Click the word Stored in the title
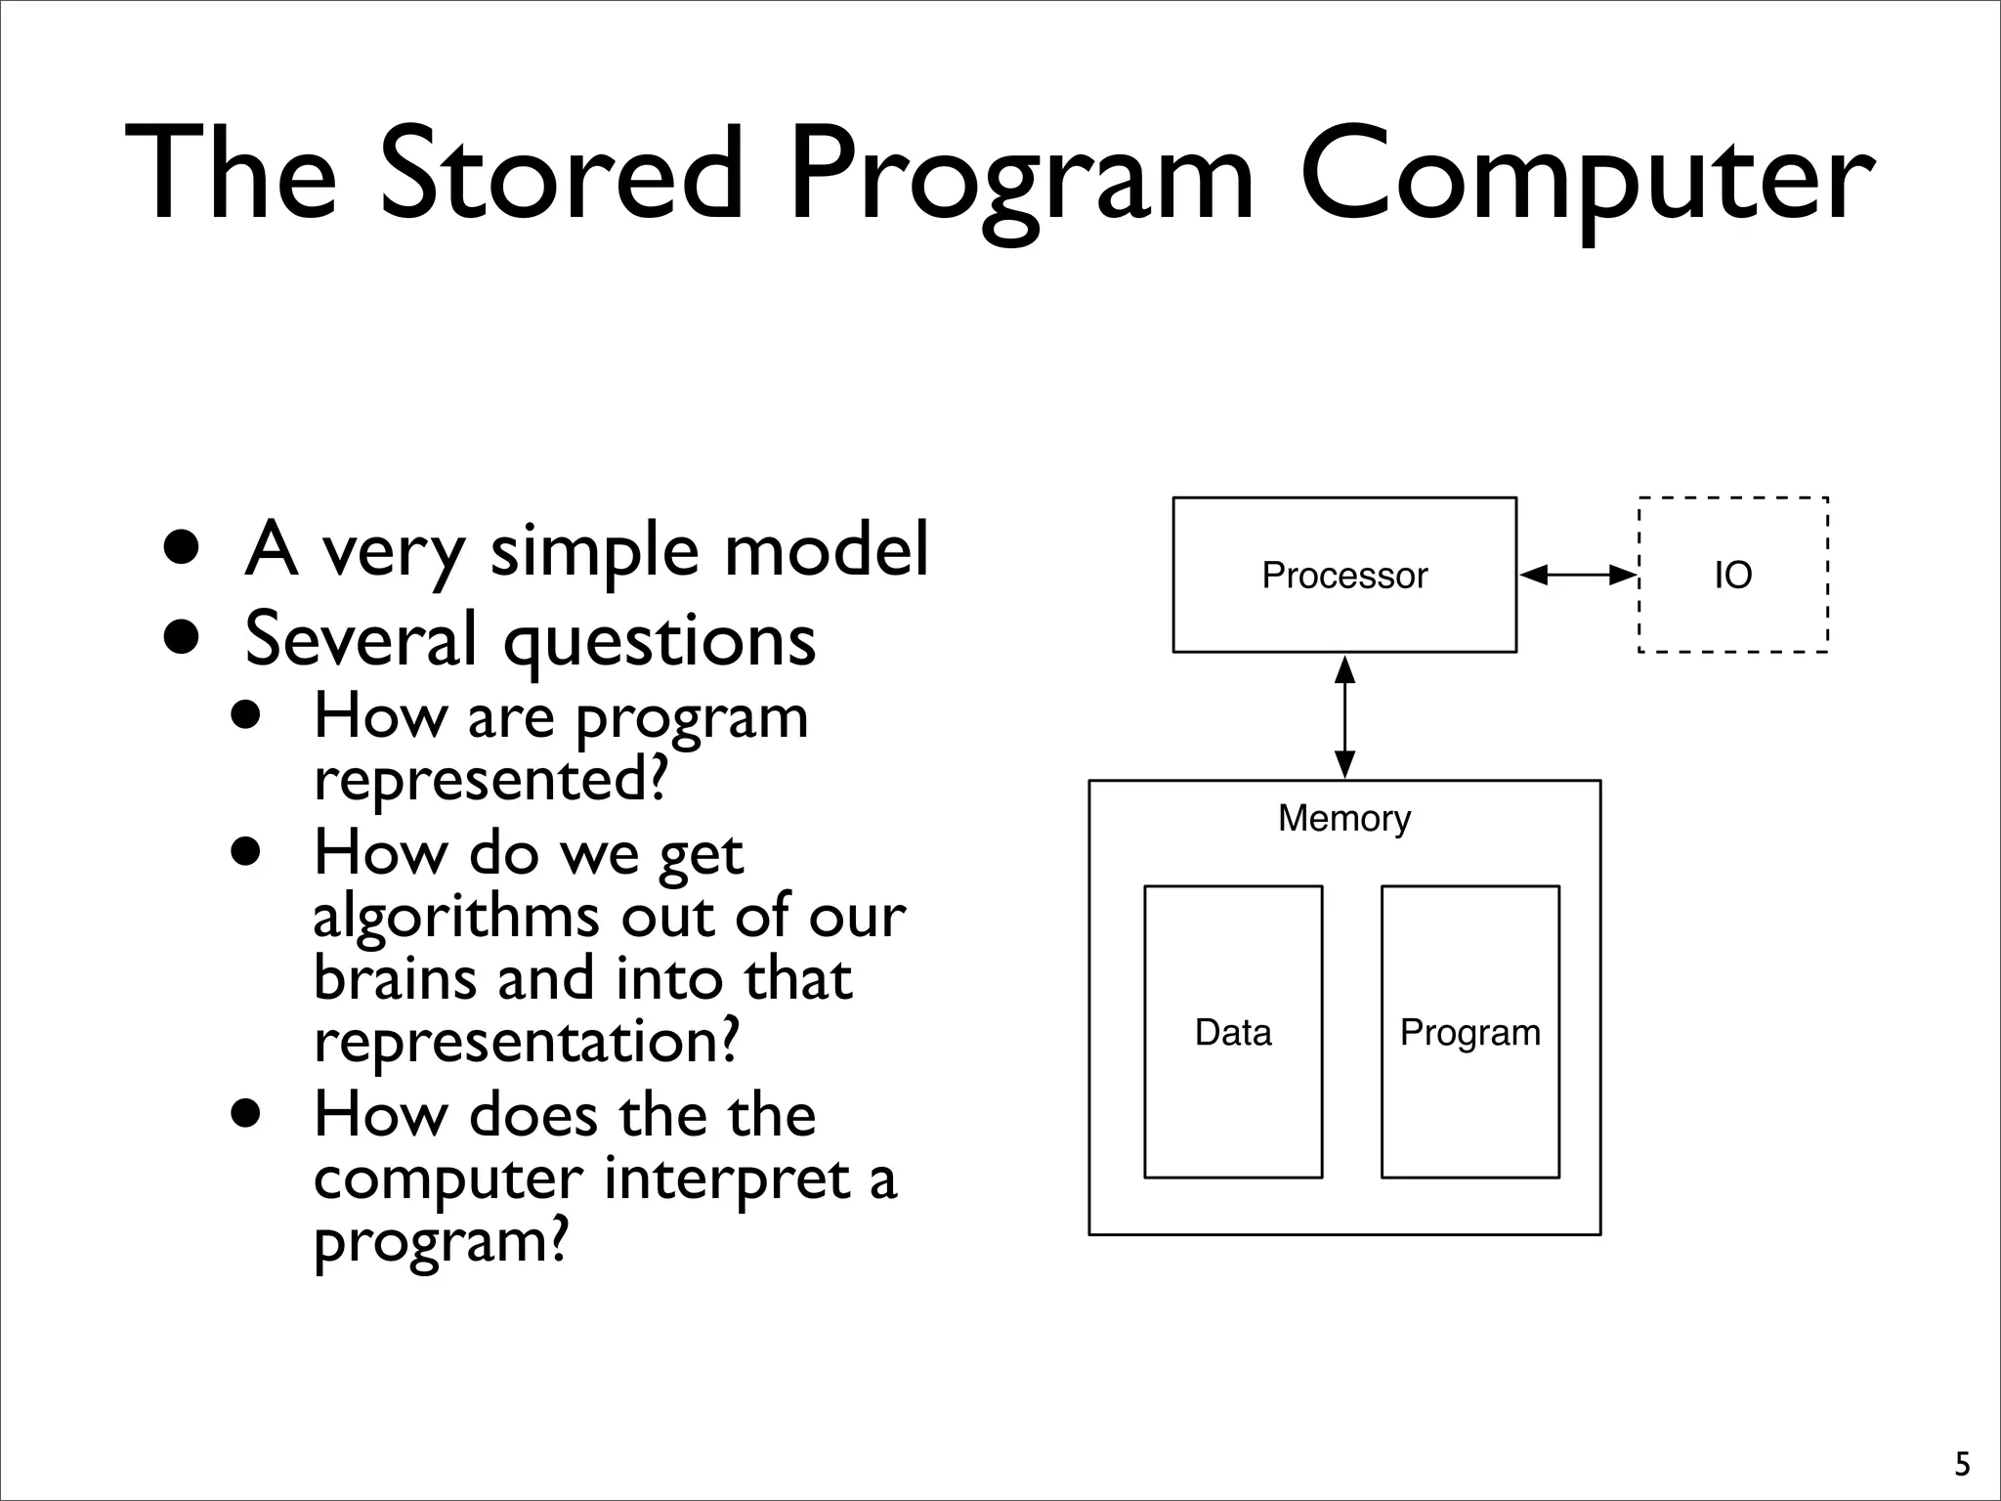pyautogui.click(x=561, y=176)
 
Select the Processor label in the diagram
pyautogui.click(x=1344, y=576)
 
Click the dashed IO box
pyautogui.click(x=1732, y=575)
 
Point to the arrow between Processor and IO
pyautogui.click(x=1578, y=576)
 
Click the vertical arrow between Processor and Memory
pyautogui.click(x=1344, y=716)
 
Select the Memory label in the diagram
pyautogui.click(x=1344, y=818)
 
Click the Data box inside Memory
pyautogui.click(x=1233, y=1032)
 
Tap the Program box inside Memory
pyautogui.click(x=1469, y=1032)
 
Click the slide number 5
pyautogui.click(x=1962, y=1464)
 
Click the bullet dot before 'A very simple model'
pyautogui.click(x=183, y=549)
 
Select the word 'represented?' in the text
pyautogui.click(x=490, y=780)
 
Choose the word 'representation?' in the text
pyautogui.click(x=526, y=1042)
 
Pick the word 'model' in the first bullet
pyautogui.click(x=827, y=549)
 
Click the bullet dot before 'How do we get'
pyautogui.click(x=247, y=851)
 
